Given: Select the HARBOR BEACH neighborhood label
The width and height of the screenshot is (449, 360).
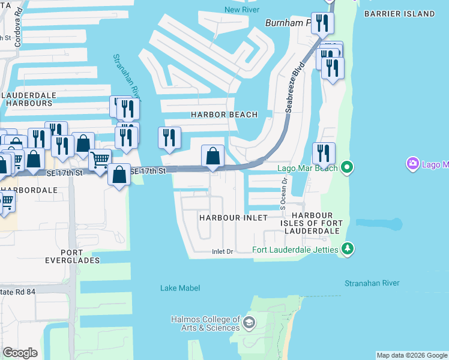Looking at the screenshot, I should point(224,115).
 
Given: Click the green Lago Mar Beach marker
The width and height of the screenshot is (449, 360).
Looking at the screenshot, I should point(346,167).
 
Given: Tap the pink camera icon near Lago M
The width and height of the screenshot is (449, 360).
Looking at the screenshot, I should point(412,164).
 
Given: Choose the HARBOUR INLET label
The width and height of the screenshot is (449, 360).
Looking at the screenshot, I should point(234,218).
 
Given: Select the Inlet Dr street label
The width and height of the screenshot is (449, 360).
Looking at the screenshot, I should point(222,252).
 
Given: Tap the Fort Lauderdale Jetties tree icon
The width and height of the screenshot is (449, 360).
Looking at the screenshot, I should point(346,248).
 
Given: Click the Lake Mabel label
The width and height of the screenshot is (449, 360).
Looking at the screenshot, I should point(176,288).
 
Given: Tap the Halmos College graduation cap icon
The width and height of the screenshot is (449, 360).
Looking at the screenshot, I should point(249,324).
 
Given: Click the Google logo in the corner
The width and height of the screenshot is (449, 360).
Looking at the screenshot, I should point(20,353).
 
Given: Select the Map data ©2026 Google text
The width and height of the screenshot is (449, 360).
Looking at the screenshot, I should point(411,355).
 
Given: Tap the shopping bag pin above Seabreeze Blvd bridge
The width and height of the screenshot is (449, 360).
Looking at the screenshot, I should point(212,157).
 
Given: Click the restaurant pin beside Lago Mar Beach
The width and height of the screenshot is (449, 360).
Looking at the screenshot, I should point(324,154).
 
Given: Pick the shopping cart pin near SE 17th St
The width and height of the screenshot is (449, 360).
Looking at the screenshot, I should point(100,160).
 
